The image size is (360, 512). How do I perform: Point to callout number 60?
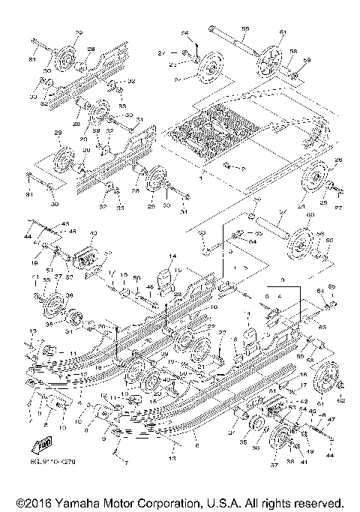point(307,217)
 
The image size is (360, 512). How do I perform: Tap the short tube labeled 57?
point(266,222)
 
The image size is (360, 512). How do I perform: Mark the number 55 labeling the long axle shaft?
point(245,28)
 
